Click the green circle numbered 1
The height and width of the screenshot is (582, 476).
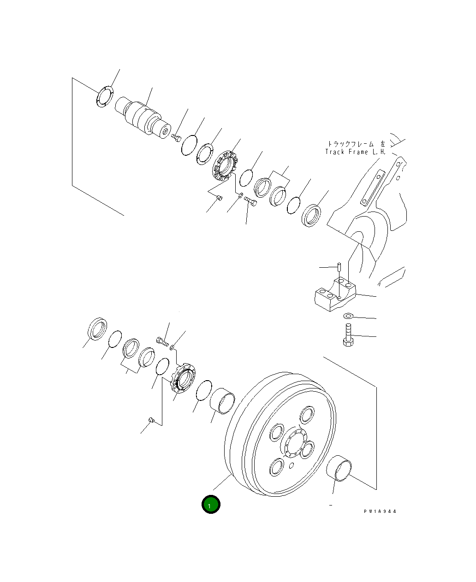pos(211,505)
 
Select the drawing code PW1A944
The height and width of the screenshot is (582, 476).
pos(380,511)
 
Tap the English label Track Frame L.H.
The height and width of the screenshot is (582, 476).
pos(355,152)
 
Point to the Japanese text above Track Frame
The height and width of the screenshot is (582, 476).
pos(356,144)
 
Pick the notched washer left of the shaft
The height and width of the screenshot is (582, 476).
pos(105,96)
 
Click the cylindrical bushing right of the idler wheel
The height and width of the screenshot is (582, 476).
pos(339,468)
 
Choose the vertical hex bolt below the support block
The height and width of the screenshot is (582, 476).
pos(348,335)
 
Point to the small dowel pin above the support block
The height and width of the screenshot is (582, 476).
pos(339,267)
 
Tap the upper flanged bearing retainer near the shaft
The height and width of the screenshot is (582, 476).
pos(225,165)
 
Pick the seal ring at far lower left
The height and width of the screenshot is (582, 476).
pos(97,329)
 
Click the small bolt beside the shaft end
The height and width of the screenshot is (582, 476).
pos(176,137)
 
